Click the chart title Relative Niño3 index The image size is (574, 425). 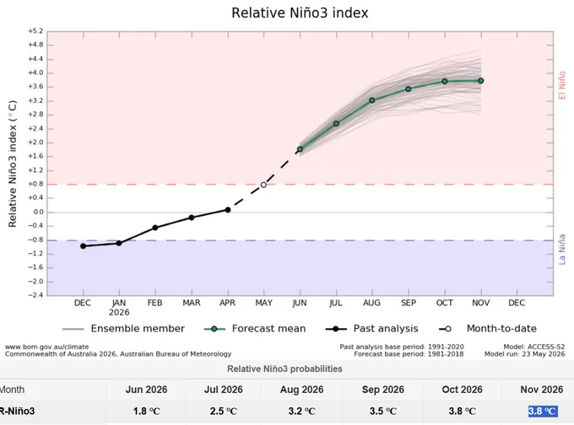[x=300, y=13]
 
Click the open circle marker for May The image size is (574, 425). [x=263, y=185]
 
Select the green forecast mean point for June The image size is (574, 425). [x=300, y=149]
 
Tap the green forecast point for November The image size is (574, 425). [x=480, y=81]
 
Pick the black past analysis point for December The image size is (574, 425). [x=83, y=246]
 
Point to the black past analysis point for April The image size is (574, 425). [x=228, y=210]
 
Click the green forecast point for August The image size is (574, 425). [x=372, y=100]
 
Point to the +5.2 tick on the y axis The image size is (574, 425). [x=35, y=31]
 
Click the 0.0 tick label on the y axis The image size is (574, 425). [x=38, y=212]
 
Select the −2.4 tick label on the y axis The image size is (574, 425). [x=35, y=295]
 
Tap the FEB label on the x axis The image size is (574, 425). [x=154, y=304]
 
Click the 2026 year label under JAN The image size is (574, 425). [x=119, y=312]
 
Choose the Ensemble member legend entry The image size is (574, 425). [x=123, y=329]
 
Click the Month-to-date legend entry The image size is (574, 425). [x=488, y=329]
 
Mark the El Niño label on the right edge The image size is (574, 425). [x=562, y=85]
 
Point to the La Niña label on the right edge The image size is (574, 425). [x=562, y=250]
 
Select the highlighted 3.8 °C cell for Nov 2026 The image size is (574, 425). [x=543, y=412]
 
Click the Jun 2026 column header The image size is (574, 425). [x=146, y=390]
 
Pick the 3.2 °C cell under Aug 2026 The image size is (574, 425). [x=301, y=412]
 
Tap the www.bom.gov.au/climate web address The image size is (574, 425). [x=47, y=347]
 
